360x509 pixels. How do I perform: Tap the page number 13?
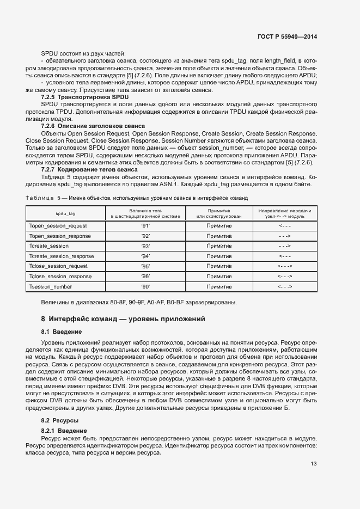(314, 464)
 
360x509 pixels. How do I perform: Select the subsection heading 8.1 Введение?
(62, 332)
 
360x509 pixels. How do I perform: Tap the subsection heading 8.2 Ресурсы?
(60, 421)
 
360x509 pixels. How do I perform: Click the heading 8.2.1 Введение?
(64, 431)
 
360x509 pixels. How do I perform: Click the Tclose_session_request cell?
(58, 266)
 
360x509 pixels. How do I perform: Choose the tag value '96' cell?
(145, 277)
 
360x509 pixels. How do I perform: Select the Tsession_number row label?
(51, 286)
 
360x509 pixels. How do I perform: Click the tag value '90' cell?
(145, 286)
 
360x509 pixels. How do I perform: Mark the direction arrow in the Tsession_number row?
(285, 286)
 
